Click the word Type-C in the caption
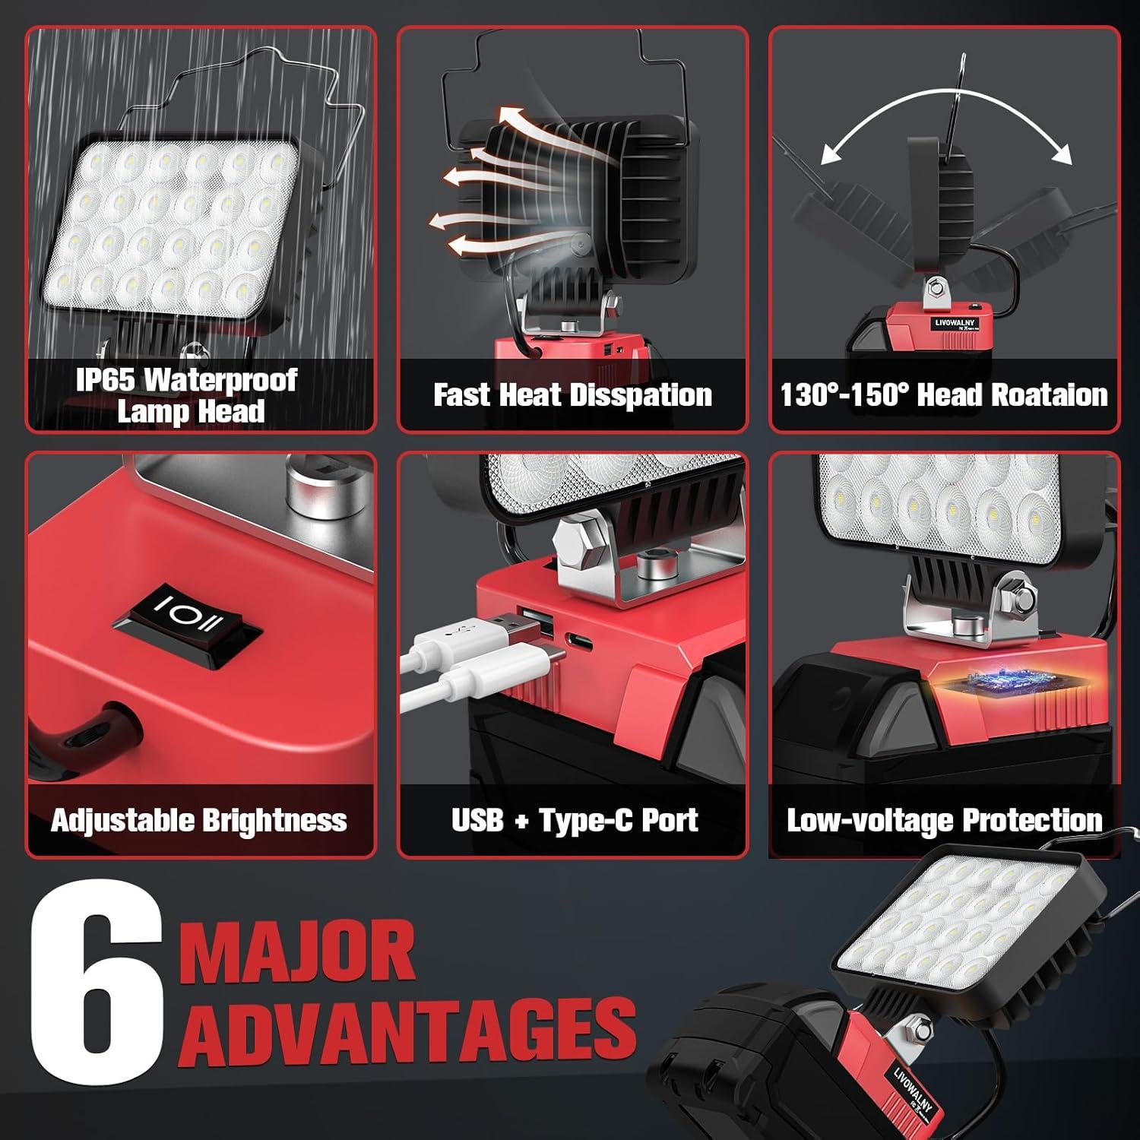[x=586, y=821]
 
